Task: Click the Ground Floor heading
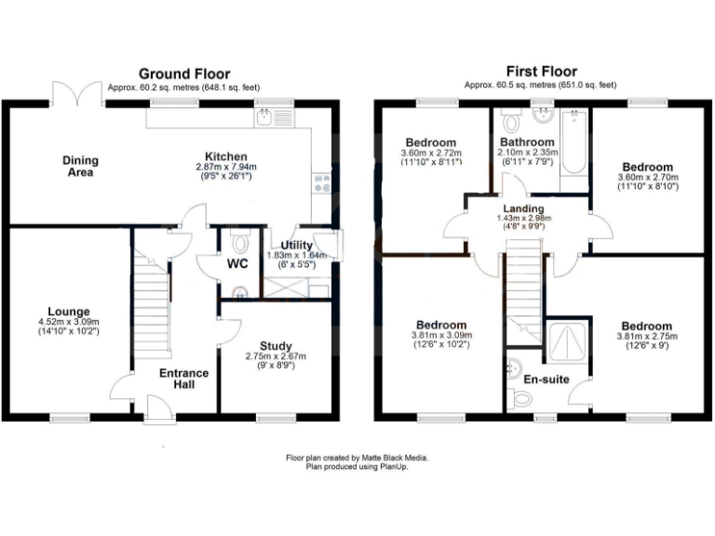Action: (x=184, y=74)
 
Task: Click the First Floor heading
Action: (x=541, y=71)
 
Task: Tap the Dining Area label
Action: (x=80, y=166)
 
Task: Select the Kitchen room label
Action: (x=226, y=156)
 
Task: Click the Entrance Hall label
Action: (x=183, y=379)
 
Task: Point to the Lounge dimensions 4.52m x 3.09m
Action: (x=71, y=323)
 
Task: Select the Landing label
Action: (x=524, y=208)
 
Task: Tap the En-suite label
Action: (x=548, y=380)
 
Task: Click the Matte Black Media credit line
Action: (x=357, y=458)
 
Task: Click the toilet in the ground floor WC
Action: (x=241, y=244)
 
